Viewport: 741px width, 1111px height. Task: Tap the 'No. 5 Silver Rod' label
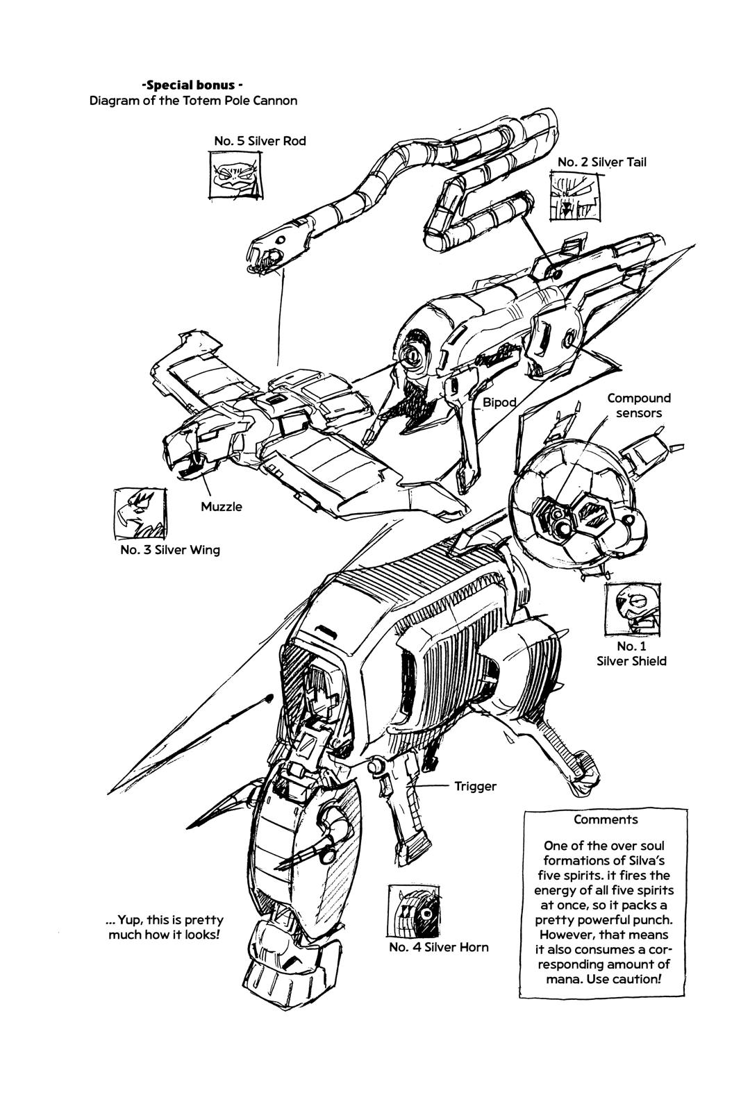coord(260,141)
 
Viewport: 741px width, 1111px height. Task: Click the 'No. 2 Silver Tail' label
coord(601,162)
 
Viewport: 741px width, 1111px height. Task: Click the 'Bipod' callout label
coord(500,402)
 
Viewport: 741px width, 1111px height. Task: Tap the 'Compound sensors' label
coord(639,406)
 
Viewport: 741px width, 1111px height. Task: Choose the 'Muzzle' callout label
coord(222,506)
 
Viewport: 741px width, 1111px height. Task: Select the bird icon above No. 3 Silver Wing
coord(140,513)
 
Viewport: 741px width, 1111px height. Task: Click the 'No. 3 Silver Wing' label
coord(169,550)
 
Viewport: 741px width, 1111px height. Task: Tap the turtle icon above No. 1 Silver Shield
coord(633,606)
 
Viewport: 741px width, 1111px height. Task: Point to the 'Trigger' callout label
coord(476,786)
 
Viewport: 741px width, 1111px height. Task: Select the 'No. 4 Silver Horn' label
coord(438,947)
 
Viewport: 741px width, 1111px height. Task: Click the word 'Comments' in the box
coord(605,819)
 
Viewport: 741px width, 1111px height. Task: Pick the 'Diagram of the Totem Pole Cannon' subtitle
coord(193,101)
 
